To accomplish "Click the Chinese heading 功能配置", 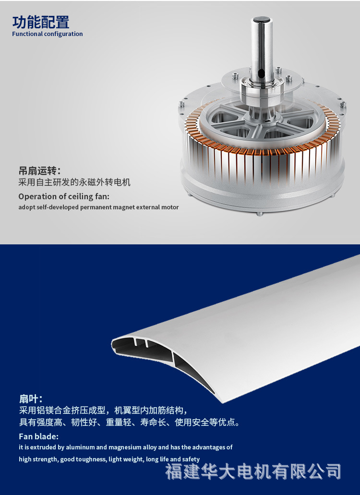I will [41, 22].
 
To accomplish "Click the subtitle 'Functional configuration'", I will [48, 34].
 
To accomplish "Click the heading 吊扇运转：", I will [40, 171].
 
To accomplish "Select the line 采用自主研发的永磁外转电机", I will [74, 182].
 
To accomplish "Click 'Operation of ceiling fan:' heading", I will [64, 196].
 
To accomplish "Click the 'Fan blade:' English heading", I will [38, 436].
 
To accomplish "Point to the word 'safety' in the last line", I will [191, 459].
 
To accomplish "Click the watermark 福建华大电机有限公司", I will [253, 471].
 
